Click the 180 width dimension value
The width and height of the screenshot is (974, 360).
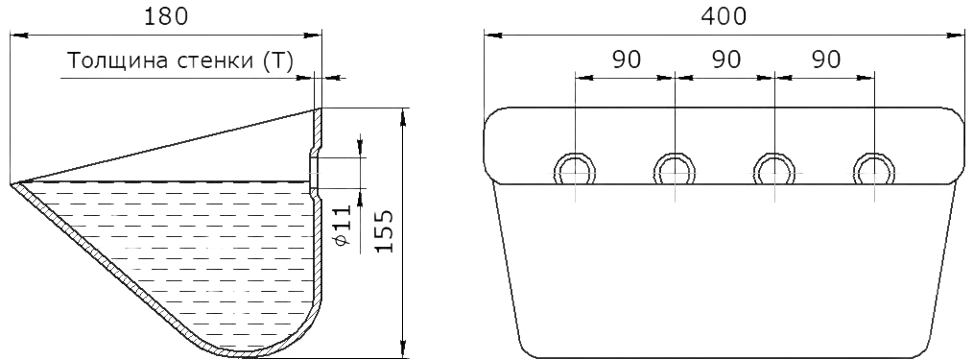165,16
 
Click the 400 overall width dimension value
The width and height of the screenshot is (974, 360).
724,16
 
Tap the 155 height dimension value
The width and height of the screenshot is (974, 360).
386,230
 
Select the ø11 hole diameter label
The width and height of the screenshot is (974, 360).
343,225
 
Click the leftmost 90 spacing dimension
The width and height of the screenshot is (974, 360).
626,60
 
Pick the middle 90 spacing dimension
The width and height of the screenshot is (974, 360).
726,60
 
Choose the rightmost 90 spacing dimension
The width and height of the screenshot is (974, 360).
826,60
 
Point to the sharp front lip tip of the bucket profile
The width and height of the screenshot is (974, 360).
12,184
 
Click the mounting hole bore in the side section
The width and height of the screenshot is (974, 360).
315,172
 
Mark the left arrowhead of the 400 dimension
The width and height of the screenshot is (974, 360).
492,36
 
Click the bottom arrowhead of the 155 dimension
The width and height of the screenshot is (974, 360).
404,350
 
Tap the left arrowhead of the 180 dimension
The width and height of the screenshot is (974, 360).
19,36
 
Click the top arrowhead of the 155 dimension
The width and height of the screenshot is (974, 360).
404,117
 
